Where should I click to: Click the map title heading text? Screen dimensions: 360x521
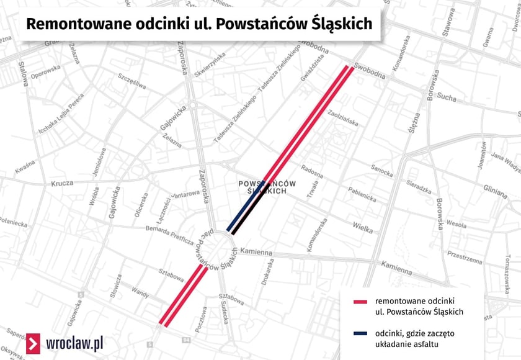[x=199, y=24]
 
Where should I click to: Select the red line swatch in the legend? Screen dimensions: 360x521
[x=360, y=302]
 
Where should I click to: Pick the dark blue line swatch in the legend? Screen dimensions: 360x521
[x=360, y=334]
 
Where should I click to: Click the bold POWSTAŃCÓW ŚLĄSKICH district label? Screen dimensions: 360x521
[x=267, y=187]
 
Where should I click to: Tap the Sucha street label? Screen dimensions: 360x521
[x=447, y=97]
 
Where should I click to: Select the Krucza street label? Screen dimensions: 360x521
[x=63, y=183]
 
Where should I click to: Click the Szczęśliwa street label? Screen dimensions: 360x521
[x=131, y=81]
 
